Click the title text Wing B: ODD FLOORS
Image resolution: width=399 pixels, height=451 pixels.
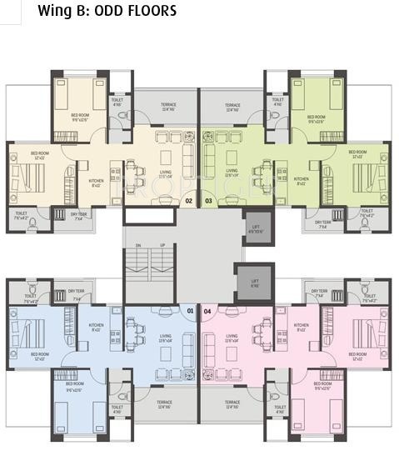point(107,11)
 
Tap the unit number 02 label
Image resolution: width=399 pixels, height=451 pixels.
point(189,201)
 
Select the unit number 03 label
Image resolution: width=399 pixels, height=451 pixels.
point(208,201)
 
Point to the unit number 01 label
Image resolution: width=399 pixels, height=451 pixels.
point(190,312)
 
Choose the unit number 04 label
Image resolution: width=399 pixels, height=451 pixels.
point(208,312)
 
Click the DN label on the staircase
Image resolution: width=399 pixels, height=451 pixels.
point(138,245)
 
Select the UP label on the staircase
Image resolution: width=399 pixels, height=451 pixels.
point(162,245)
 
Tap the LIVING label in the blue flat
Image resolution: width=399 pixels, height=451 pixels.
point(166,338)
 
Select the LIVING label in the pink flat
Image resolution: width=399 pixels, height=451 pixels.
point(232,338)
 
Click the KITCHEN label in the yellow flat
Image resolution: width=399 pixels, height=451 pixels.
point(97,182)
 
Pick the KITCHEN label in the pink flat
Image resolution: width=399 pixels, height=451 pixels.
point(301,327)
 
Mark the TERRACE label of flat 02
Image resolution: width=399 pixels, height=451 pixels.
point(167,108)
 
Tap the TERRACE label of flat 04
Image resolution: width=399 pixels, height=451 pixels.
point(232,405)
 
